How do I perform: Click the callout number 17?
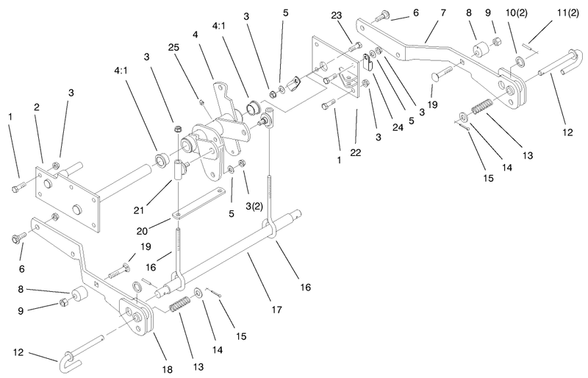(276, 310)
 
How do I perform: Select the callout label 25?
(173, 48)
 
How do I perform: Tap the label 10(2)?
(517, 13)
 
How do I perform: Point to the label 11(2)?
(567, 13)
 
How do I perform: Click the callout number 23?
(337, 15)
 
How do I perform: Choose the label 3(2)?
(254, 206)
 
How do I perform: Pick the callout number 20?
(142, 231)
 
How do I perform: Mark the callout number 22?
(356, 152)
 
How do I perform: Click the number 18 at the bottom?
(168, 369)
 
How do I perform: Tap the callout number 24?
(398, 128)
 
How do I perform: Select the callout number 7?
(443, 13)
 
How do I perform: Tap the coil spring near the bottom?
(180, 304)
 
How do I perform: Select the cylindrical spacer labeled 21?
(178, 168)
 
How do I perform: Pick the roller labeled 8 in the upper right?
(480, 49)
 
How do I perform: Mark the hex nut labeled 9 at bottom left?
(64, 302)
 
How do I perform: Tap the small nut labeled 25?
(201, 101)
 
